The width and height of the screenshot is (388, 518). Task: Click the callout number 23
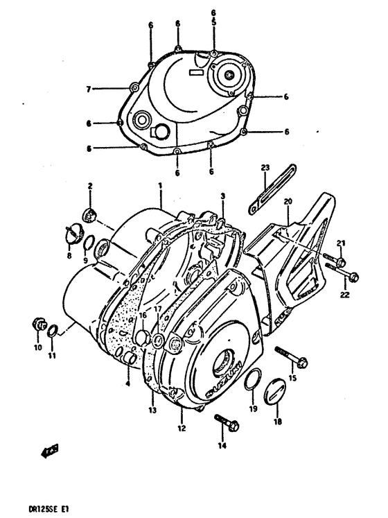[x=265, y=168]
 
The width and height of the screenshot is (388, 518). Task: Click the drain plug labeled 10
[x=39, y=324]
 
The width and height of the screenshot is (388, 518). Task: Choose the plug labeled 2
[x=89, y=212]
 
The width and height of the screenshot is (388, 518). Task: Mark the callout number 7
[x=88, y=89]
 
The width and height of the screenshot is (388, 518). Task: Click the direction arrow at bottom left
[x=48, y=454]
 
